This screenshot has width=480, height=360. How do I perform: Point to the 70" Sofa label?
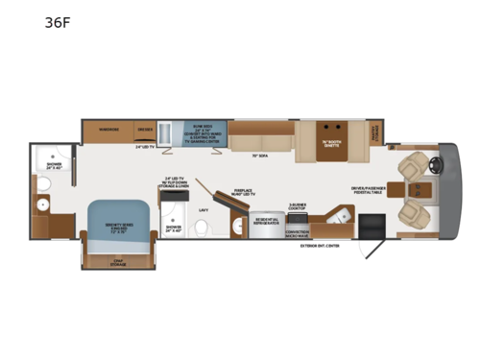258,154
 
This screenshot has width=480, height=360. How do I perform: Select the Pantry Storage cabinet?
376,132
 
